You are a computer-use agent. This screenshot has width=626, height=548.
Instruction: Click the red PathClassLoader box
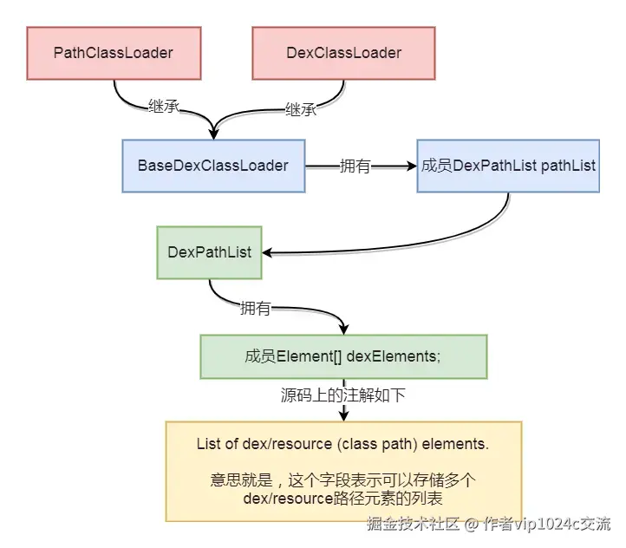tap(113, 54)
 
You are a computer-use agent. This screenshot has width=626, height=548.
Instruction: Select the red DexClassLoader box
tap(343, 54)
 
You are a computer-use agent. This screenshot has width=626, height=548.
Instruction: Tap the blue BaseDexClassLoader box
tap(212, 165)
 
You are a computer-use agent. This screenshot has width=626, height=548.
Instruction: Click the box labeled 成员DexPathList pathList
tap(508, 165)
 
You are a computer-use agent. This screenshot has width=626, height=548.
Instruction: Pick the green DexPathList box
tap(209, 252)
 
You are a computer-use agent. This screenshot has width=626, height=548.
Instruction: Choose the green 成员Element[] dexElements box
tap(342, 356)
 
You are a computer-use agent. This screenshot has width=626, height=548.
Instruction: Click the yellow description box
tap(343, 471)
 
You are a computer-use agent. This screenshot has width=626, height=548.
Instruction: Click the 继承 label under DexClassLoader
tap(300, 109)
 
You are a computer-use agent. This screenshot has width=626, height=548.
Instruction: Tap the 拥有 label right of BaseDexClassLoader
tap(355, 166)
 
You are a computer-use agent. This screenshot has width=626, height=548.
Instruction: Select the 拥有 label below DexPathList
tap(254, 308)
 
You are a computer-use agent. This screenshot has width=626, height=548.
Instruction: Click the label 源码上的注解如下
tap(343, 395)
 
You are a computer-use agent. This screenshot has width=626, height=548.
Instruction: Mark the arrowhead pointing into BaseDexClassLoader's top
tap(213, 133)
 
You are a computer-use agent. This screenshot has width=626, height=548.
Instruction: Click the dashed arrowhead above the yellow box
tap(343, 415)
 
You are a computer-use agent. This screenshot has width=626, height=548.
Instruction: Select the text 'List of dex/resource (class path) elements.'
tap(343, 445)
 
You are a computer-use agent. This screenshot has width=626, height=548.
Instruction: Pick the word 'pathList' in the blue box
tap(568, 165)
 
